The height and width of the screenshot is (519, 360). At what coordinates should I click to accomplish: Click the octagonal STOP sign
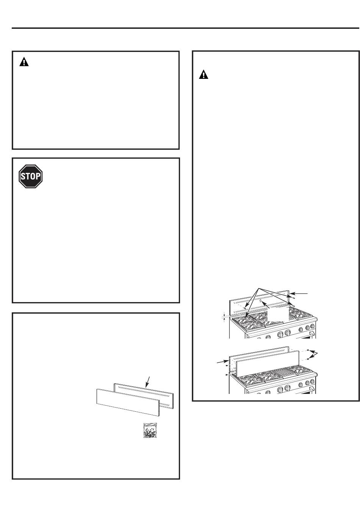(x=31, y=176)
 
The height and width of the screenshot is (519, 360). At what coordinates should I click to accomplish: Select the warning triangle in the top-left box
(x=24, y=62)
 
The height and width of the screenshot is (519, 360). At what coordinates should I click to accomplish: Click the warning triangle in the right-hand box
(x=203, y=74)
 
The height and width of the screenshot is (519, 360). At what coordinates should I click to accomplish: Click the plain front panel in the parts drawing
(x=128, y=402)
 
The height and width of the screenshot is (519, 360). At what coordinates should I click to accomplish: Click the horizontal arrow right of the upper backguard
(x=299, y=293)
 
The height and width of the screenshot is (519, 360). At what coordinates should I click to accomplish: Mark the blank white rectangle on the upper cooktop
(x=278, y=314)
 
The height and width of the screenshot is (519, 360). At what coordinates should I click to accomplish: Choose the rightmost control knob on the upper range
(x=312, y=327)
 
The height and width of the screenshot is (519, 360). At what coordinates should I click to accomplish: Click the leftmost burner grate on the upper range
(x=244, y=320)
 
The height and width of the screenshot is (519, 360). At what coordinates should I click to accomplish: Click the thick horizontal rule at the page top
(x=185, y=28)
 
